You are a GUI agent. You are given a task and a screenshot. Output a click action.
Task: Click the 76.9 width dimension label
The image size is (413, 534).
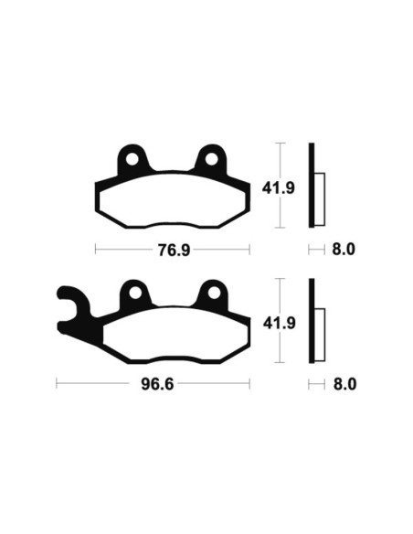click(173, 249)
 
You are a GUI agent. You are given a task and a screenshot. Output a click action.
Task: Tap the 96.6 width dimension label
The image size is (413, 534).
click(154, 384)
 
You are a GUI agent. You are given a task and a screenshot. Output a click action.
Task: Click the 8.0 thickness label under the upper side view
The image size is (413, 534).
click(344, 249)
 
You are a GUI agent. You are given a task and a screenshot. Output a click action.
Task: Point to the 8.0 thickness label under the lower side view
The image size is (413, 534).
click(344, 384)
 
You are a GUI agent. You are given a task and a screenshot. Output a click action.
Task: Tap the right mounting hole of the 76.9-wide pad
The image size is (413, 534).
click(212, 159)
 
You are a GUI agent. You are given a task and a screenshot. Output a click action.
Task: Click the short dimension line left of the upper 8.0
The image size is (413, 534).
click(315, 249)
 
